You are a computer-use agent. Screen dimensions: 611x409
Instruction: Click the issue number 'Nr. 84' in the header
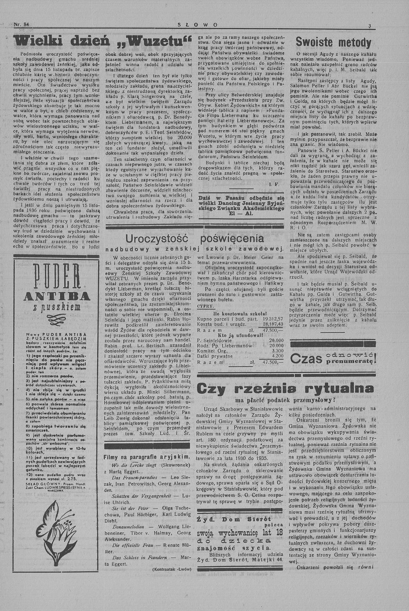pyautogui.click(x=21, y=25)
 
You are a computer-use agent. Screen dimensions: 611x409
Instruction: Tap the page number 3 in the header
pyautogui.click(x=369, y=26)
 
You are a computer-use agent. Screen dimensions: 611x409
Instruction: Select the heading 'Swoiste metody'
pyautogui.click(x=333, y=43)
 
